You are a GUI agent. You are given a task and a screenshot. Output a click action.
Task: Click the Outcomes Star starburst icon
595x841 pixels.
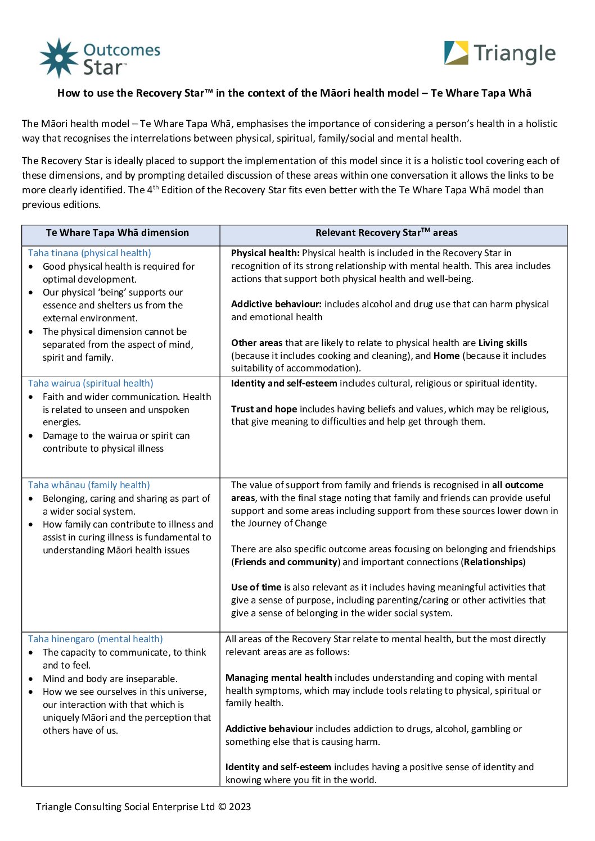point(59,58)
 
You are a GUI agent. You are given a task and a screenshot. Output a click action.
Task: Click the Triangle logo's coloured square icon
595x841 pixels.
point(456,53)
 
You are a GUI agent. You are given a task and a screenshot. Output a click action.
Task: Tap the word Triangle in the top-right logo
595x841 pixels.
point(515,53)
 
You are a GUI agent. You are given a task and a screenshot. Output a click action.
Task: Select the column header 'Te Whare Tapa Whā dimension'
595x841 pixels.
point(118,233)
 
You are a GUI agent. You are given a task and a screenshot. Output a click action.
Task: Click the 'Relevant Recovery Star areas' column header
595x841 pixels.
point(386,233)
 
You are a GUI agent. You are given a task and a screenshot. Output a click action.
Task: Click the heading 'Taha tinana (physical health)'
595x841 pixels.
point(89,253)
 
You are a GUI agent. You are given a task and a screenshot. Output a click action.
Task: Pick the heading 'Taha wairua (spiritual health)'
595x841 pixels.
point(91,383)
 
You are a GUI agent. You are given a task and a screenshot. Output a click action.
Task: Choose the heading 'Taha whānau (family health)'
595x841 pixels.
point(89,485)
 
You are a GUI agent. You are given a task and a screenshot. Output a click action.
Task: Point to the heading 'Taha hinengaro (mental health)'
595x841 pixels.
point(96,639)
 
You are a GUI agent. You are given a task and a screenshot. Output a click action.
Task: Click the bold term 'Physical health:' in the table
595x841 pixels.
point(265,253)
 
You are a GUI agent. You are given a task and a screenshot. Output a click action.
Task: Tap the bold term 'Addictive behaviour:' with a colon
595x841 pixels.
point(276,304)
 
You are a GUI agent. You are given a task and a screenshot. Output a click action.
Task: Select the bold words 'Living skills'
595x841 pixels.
point(503,343)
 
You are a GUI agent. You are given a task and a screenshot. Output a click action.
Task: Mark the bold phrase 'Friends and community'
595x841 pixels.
point(286,562)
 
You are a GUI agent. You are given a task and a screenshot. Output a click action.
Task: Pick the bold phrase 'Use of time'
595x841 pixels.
point(256,587)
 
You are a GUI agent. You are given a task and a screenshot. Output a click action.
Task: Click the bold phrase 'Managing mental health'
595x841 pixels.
point(278,678)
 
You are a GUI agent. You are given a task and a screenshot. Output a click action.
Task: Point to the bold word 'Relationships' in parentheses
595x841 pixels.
point(493,562)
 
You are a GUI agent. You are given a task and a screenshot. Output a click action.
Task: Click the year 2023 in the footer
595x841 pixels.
point(240,807)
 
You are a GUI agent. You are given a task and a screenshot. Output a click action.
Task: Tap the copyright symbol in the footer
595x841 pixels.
point(222,807)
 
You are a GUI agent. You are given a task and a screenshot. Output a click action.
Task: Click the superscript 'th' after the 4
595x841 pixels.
point(156,187)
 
